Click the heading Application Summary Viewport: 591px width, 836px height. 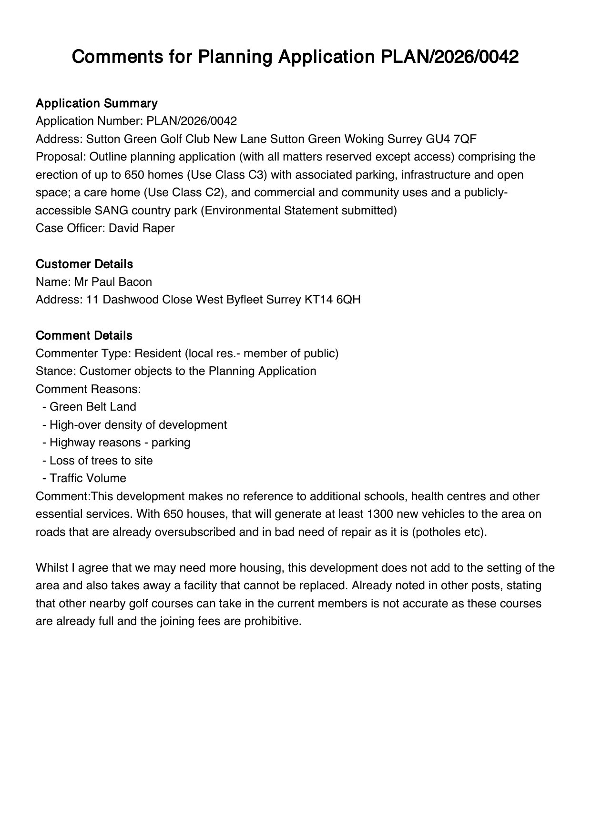pos(96,103)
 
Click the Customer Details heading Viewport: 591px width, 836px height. pos(84,264)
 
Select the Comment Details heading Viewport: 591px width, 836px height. pos(84,336)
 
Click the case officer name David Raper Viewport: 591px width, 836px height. pos(142,228)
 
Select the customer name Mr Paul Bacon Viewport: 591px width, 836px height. pos(113,282)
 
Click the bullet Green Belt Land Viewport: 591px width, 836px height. pos(92,407)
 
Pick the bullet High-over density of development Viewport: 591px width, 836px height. pos(138,425)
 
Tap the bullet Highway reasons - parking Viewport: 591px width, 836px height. pos(120,443)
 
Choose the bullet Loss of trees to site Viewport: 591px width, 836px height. pos(101,461)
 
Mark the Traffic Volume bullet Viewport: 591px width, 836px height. pos(88,478)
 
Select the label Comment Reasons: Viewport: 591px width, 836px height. pos(88,389)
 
